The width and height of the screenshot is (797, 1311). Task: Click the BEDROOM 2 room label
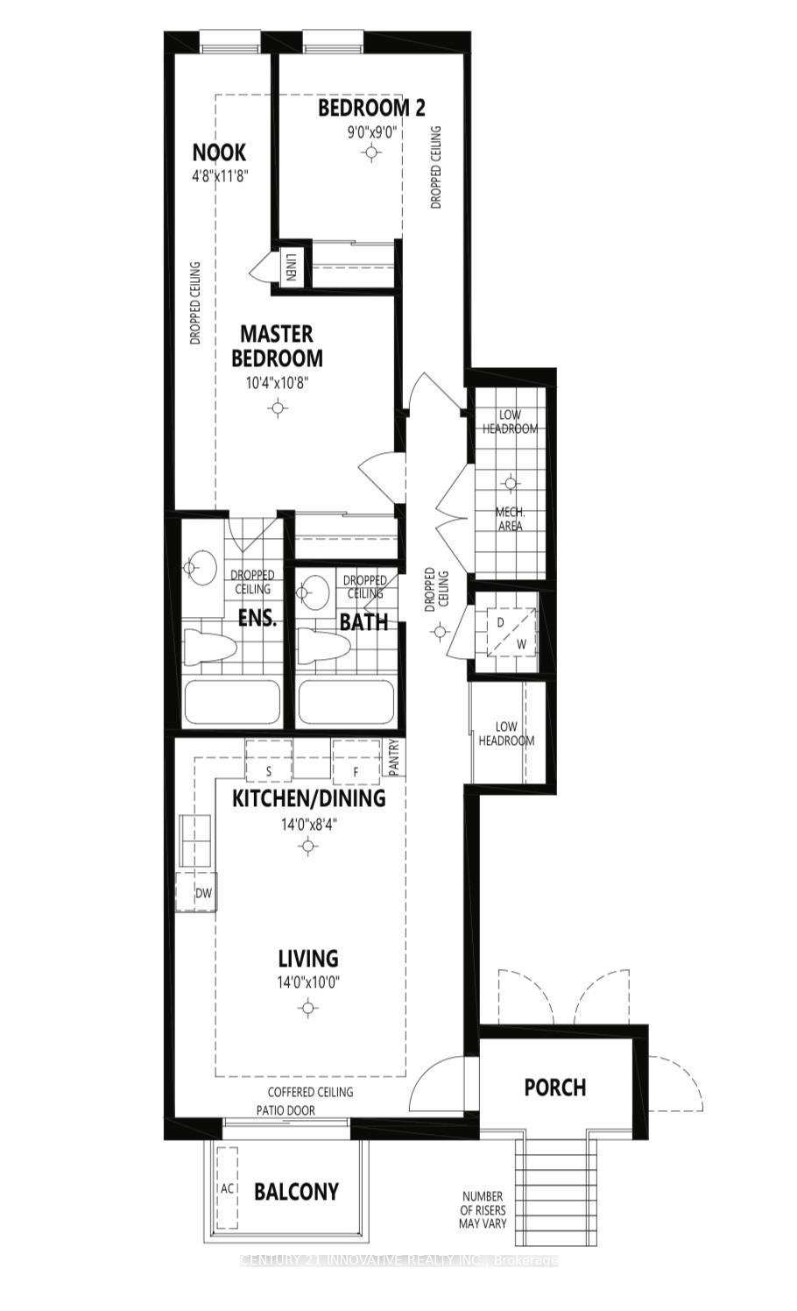[x=371, y=108]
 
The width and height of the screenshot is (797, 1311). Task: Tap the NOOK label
[x=219, y=152]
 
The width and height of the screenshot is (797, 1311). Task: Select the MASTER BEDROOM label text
[x=277, y=346]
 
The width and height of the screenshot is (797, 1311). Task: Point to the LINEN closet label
[x=290, y=266]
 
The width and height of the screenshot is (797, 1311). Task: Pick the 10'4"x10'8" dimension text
[x=278, y=383]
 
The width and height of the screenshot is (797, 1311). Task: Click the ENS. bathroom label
[x=257, y=618]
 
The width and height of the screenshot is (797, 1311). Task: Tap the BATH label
[x=363, y=622]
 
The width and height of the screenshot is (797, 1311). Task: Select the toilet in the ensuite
[x=210, y=648]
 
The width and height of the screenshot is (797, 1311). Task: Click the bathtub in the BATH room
[x=348, y=702]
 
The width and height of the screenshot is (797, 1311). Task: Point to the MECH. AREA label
[x=510, y=519]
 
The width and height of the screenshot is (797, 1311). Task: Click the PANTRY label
[x=394, y=757]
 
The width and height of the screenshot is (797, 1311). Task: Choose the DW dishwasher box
[x=203, y=894]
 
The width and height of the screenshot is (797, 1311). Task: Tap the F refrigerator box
[x=356, y=771]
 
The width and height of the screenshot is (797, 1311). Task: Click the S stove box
[x=268, y=771]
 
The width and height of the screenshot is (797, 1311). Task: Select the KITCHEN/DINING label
[x=308, y=798]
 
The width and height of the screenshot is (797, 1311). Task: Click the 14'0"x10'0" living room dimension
[x=308, y=981]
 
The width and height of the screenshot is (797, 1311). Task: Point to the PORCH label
[x=554, y=1088]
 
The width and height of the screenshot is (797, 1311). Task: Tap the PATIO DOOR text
[x=286, y=1110]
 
